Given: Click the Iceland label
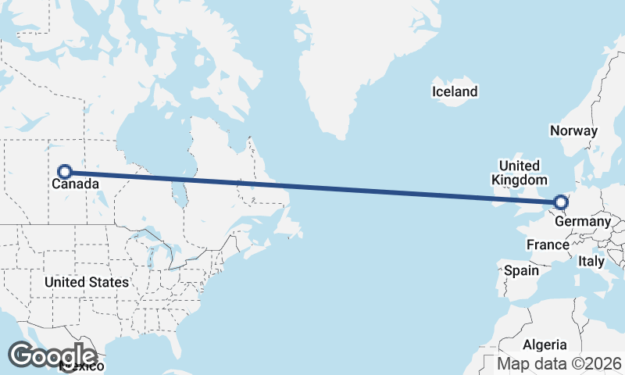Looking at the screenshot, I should pos(455,92).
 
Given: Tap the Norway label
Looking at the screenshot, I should pos(573,131).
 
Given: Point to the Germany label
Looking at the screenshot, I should pos(583,222).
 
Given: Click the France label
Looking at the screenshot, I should pos(547,245).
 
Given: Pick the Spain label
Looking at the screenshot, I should pos(522,270).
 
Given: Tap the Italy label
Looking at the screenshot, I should pos(591,262).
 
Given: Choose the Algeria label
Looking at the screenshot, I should pos(545,345).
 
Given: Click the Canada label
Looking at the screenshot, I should pos(76,185).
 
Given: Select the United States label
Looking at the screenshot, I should pos(87,282).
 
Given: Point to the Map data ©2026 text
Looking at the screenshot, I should pos(559,364).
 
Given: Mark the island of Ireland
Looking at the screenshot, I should pos(498,198).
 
